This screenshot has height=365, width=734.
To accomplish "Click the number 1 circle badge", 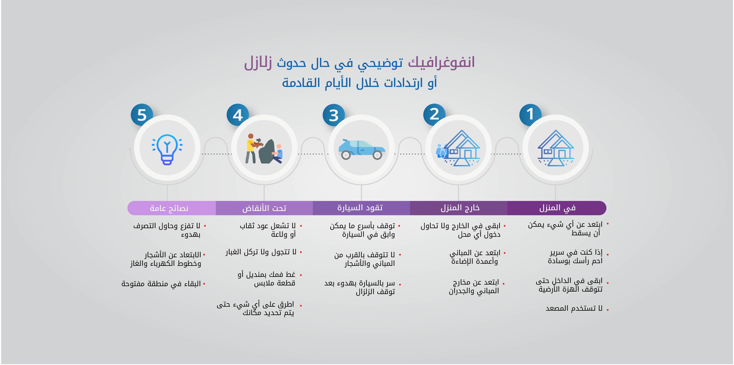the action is pyautogui.click(x=530, y=115).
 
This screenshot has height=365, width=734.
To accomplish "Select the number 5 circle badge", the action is pyautogui.click(x=142, y=115).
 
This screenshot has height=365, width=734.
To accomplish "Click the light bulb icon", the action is pyautogui.click(x=167, y=149).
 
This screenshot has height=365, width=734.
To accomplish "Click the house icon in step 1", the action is pyautogui.click(x=556, y=148).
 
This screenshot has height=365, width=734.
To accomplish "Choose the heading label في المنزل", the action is pyautogui.click(x=557, y=208).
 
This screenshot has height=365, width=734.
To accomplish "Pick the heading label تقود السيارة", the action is pyautogui.click(x=360, y=208).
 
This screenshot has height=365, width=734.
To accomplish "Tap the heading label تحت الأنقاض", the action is pyautogui.click(x=264, y=208).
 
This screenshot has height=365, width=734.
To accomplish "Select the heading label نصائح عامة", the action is pyautogui.click(x=169, y=208).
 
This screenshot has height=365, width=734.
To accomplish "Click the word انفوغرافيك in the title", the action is pyautogui.click(x=441, y=62).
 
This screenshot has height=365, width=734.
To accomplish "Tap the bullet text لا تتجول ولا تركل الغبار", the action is pyautogui.click(x=261, y=252).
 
